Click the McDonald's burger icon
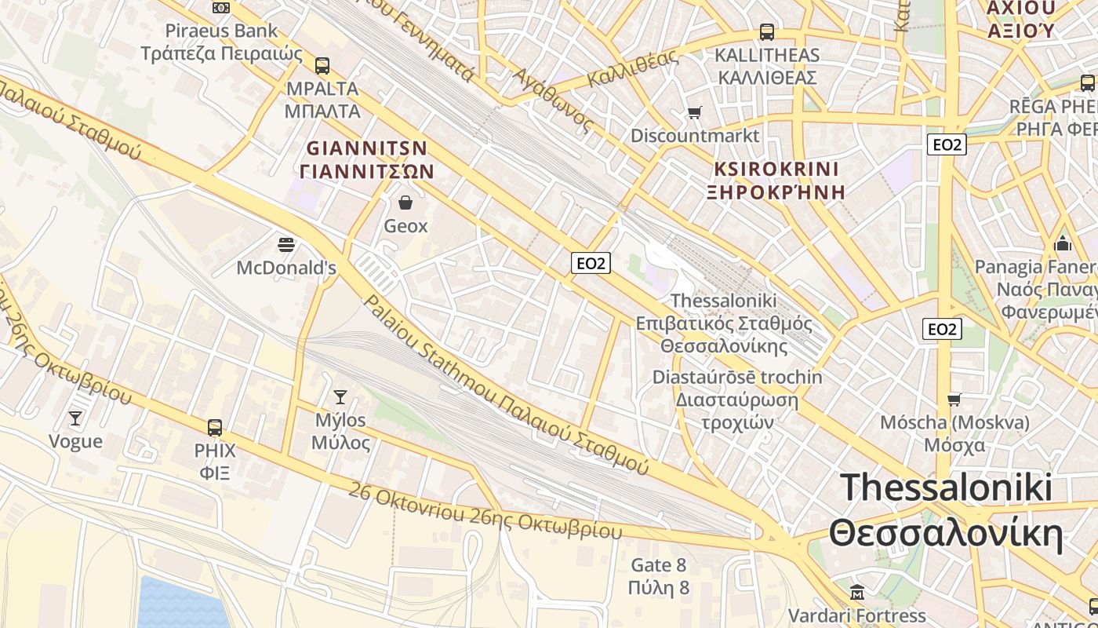286,244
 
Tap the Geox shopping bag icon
405,203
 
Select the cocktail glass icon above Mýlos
340,396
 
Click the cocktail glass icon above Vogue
75,418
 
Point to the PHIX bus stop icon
215,428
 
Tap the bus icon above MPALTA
322,65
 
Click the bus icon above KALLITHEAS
766,32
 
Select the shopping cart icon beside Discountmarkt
694,113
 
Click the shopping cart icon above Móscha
954,400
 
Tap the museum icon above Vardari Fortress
857,591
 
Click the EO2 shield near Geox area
591,263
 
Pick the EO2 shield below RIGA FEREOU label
947,144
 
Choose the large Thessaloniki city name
946,510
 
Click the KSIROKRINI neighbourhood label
776,180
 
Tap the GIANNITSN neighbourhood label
367,159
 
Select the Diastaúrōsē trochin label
737,377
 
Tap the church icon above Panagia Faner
1063,243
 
